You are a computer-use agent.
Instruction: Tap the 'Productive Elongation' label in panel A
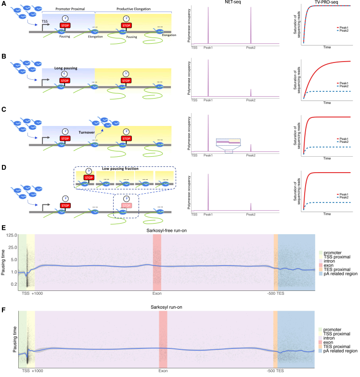(x=129, y=10)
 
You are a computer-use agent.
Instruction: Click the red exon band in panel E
(x=157, y=260)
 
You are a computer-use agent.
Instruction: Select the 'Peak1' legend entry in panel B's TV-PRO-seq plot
(x=342, y=83)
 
